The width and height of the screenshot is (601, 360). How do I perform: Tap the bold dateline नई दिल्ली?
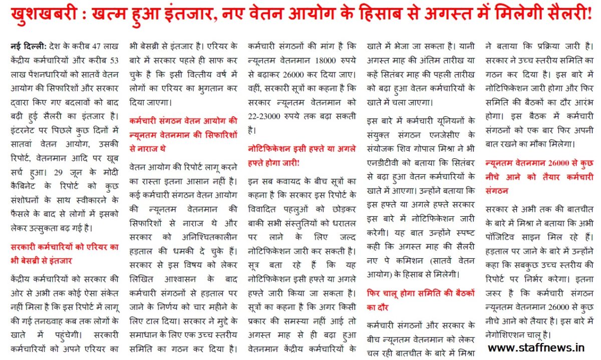[x=27, y=47]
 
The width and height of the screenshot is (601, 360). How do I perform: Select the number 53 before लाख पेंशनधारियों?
[x=114, y=61]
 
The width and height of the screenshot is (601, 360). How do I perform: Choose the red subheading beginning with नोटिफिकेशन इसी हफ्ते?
[x=302, y=148]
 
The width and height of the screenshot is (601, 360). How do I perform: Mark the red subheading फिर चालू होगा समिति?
[x=420, y=293]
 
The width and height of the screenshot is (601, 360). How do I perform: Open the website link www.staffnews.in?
[x=536, y=346]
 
